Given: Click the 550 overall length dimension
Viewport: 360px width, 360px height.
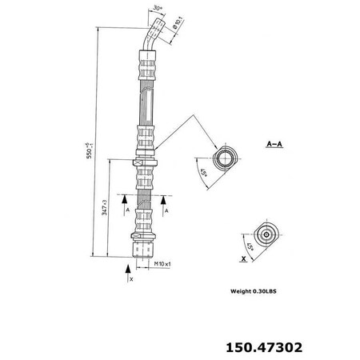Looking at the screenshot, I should [97, 148].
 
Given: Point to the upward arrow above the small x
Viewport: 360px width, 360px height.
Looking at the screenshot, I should [130, 270].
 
